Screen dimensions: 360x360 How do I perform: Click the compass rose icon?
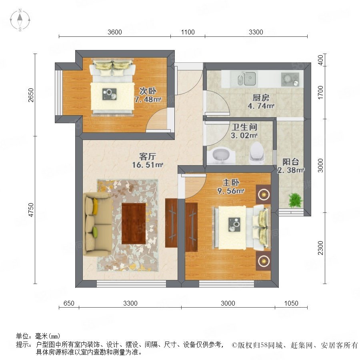[20, 20]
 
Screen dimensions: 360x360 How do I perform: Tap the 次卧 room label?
[148, 91]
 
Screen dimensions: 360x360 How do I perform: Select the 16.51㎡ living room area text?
[148, 165]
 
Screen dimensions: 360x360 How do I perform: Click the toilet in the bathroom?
[256, 153]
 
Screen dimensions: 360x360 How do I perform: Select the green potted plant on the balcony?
[295, 200]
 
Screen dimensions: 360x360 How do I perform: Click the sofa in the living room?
[98, 224]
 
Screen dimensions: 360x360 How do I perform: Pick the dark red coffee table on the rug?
[134, 223]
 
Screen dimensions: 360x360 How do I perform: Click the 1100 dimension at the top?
[188, 32]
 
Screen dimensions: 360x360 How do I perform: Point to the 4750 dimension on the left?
[31, 210]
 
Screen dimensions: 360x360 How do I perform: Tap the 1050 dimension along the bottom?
[291, 303]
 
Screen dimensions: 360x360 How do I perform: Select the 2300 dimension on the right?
[320, 248]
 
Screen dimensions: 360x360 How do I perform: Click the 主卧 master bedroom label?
[231, 182]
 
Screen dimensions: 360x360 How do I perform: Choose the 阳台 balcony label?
[291, 162]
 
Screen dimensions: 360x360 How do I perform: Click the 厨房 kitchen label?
[261, 98]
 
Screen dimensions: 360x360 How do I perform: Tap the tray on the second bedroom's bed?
[109, 94]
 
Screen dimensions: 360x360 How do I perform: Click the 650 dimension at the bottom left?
[69, 303]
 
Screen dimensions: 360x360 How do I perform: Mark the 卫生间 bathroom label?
[244, 127]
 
